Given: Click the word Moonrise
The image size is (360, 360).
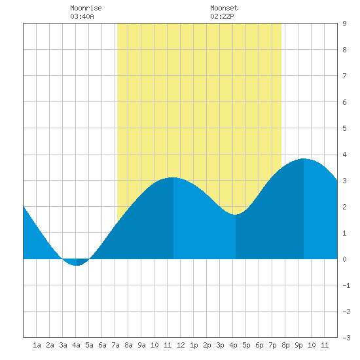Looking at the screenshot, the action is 86,8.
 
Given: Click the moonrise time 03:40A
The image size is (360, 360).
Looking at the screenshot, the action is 82,16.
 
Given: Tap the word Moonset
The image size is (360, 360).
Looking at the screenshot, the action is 224,8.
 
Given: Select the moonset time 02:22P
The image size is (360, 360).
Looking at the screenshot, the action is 222,16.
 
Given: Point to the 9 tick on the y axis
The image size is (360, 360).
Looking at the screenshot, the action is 344,24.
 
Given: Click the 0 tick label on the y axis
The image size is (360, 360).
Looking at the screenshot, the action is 344,259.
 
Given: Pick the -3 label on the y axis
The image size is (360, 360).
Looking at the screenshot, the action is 346,338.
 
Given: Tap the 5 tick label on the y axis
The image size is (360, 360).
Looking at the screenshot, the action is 344,128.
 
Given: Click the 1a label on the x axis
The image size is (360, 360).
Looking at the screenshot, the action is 37,345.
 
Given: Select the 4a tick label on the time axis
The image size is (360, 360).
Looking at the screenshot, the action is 76,345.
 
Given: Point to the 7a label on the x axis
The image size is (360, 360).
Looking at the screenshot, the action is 115,345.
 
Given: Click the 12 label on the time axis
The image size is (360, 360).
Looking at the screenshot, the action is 181,345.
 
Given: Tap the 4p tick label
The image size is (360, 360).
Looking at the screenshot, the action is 233,345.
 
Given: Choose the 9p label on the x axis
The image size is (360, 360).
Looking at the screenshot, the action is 298,345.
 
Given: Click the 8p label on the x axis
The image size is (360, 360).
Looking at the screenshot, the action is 285,345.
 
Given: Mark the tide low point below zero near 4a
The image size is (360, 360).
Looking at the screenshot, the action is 77,266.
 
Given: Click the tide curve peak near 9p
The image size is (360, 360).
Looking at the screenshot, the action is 304,158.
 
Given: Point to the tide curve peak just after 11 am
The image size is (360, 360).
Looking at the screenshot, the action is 173,177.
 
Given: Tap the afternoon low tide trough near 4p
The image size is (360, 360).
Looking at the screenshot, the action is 236,215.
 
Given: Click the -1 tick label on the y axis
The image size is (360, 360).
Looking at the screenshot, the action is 346,285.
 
